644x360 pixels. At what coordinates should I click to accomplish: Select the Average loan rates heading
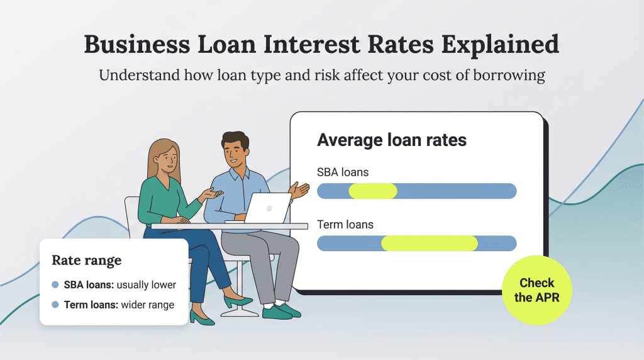click(391, 139)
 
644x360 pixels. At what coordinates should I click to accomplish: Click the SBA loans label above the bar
click(343, 172)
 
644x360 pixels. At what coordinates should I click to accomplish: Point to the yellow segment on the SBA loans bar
click(373, 191)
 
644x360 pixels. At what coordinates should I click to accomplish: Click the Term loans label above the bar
click(345, 224)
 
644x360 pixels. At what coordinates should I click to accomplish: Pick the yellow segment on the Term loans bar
click(430, 244)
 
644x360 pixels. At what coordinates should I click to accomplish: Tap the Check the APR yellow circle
click(536, 291)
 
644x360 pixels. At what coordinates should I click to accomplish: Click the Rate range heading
click(86, 260)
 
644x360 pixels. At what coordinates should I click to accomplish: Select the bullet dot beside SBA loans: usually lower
click(55, 285)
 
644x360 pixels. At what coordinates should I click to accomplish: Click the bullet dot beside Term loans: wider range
click(55, 305)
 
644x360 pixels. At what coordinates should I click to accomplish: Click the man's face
click(236, 154)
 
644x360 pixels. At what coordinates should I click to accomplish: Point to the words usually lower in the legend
click(147, 285)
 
